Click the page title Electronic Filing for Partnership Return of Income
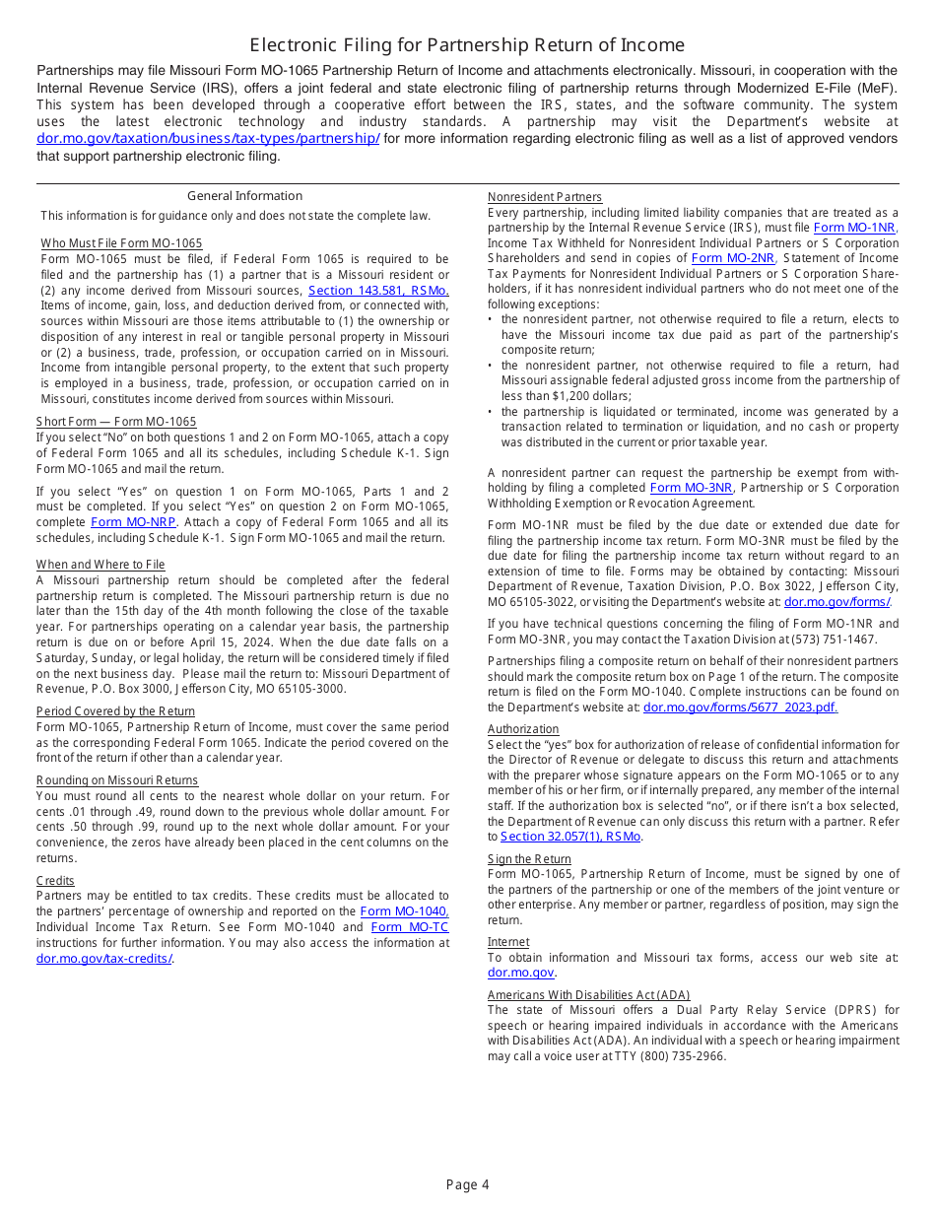pos(467,45)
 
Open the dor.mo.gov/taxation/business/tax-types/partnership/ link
pos(208,139)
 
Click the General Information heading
pos(244,196)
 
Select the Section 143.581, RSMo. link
pos(378,291)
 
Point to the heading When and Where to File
pos(100,565)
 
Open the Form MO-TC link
pos(409,927)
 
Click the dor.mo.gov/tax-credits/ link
pos(104,959)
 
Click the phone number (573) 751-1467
pos(836,640)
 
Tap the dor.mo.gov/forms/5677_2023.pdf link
pos(740,707)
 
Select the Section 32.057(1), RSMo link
pos(570,837)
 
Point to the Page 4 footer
pos(467,1185)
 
